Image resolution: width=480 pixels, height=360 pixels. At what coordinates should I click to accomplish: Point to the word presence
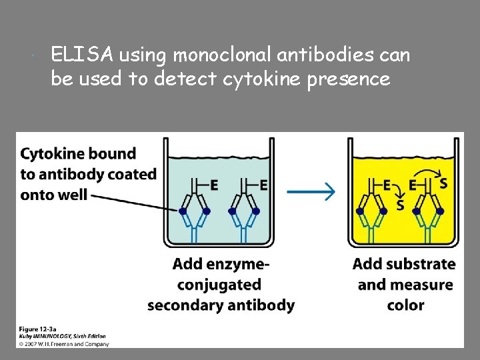coord(352,79)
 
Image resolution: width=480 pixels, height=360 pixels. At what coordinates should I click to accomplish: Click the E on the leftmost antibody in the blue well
coord(214,185)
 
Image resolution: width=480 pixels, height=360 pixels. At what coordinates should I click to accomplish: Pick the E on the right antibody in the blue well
coord(264,185)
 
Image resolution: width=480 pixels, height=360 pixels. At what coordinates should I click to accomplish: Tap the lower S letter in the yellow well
coord(400,205)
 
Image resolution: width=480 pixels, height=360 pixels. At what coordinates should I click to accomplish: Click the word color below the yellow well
coord(405,305)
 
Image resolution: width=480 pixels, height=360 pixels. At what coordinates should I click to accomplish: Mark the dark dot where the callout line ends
coord(183,211)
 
